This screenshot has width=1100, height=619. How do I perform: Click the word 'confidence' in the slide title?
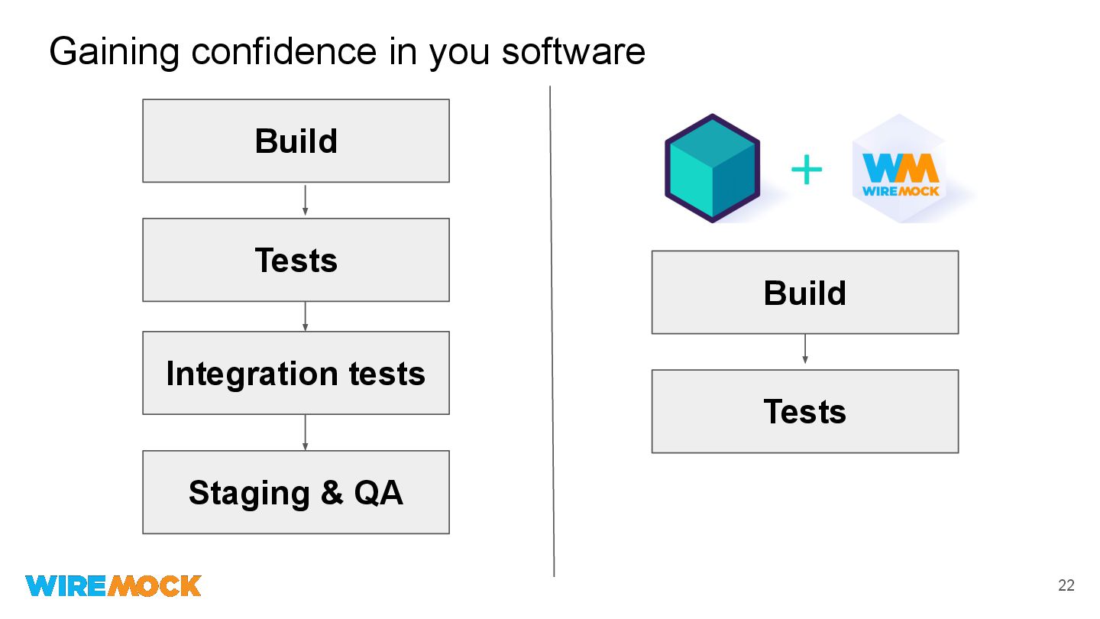pyautogui.click(x=283, y=52)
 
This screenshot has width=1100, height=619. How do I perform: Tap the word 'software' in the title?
pyautogui.click(x=573, y=52)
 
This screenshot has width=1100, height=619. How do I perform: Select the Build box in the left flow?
pyautogui.click(x=296, y=141)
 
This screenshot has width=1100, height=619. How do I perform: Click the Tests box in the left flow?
pyautogui.click(x=296, y=260)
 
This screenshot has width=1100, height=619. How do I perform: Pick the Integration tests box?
pyautogui.click(x=296, y=373)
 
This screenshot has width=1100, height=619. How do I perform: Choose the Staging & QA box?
pyautogui.click(x=296, y=492)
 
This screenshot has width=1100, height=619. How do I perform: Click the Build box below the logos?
pyautogui.click(x=804, y=292)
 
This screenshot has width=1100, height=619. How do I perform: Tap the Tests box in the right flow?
pyautogui.click(x=804, y=411)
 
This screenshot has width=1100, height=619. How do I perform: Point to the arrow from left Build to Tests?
pyautogui.click(x=306, y=200)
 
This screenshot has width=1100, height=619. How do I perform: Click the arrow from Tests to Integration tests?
pyautogui.click(x=306, y=316)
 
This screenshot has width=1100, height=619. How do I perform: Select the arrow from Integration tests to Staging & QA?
pyautogui.click(x=306, y=433)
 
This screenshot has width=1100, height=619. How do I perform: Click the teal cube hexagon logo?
pyautogui.click(x=712, y=168)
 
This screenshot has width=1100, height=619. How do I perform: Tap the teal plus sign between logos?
pyautogui.click(x=807, y=170)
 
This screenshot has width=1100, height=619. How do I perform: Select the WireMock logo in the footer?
pyautogui.click(x=113, y=585)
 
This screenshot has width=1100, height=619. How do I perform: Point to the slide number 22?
pyautogui.click(x=1066, y=586)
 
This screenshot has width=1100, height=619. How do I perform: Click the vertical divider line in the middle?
pyautogui.click(x=552, y=329)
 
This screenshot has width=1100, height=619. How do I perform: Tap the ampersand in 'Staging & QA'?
pyautogui.click(x=332, y=493)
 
